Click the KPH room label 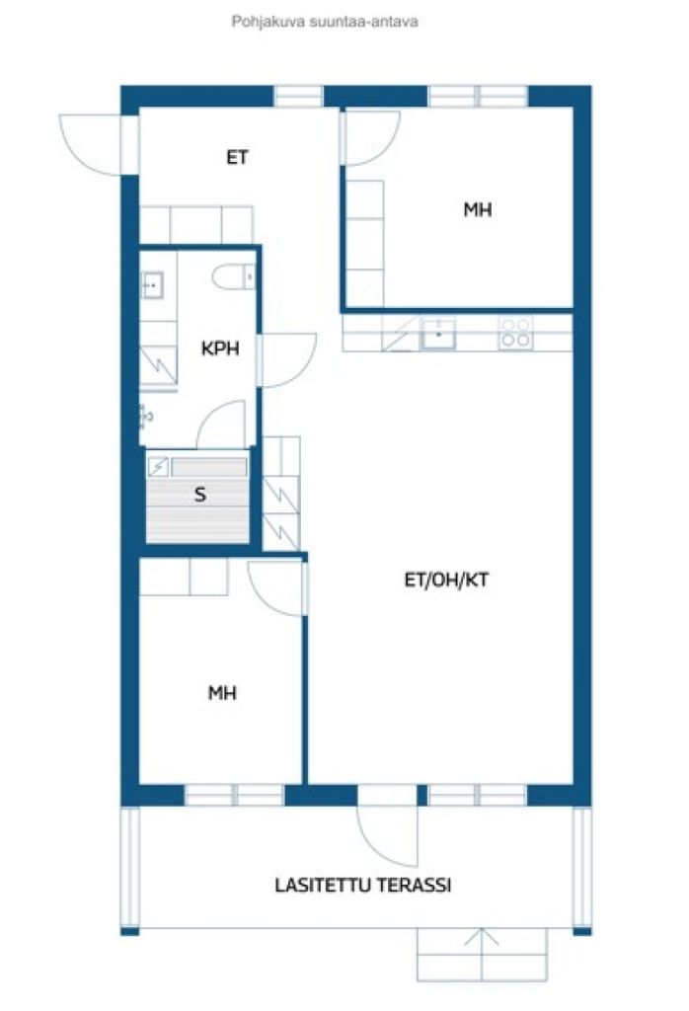pos(220,349)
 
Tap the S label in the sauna pos(200,496)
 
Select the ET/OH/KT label pos(446,580)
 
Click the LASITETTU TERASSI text pos(363,885)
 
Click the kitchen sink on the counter pos(439,334)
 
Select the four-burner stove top pos(515,333)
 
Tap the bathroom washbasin pos(151,284)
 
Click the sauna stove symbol pos(158,467)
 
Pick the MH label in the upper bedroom pos(478,209)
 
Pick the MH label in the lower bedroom pos(222,693)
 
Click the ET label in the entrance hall pos(237,157)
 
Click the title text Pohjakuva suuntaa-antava pos(325,22)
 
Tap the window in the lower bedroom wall pos(234,795)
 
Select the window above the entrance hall pos(298,96)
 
